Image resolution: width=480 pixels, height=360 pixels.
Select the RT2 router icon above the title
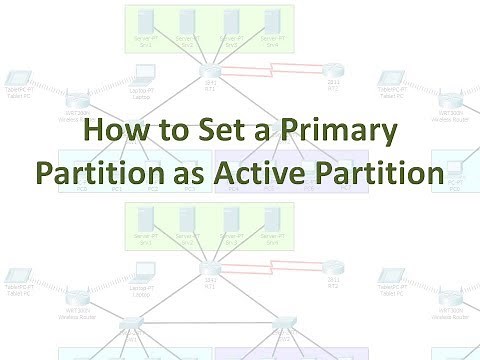(x=333, y=69)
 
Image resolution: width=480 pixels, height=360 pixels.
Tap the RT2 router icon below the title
(x=333, y=265)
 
